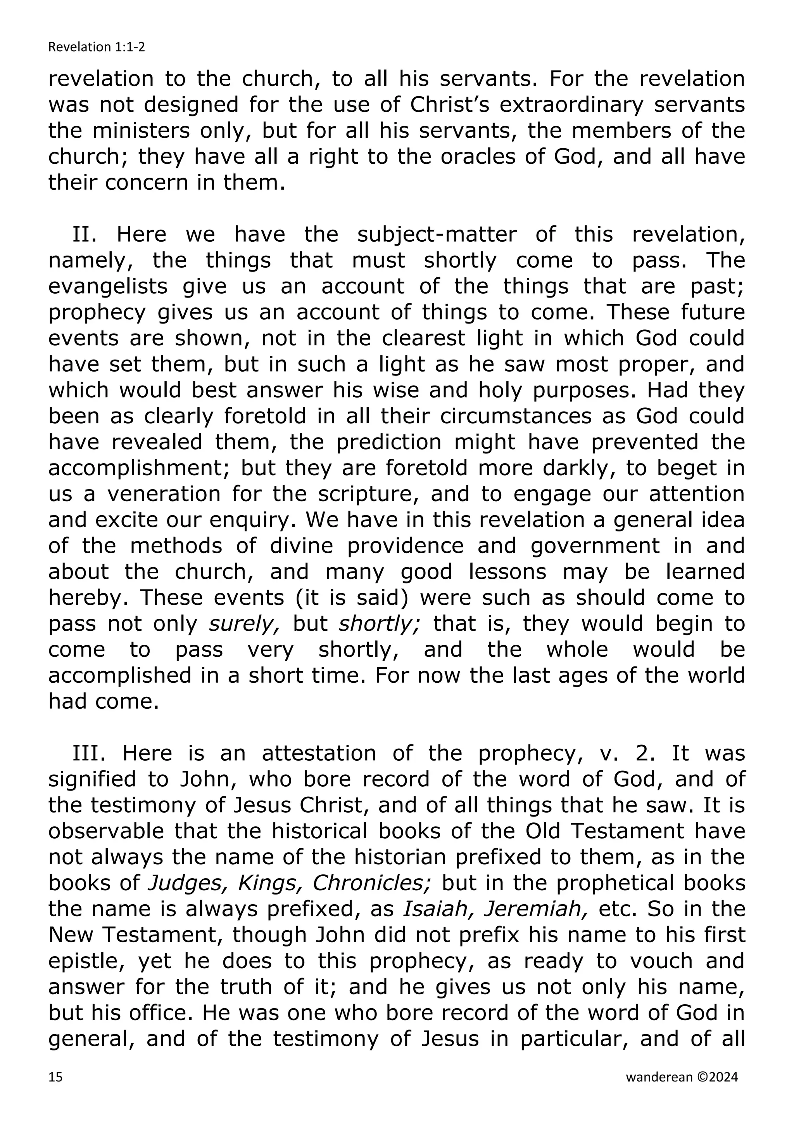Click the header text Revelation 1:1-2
pyautogui.click(x=97, y=47)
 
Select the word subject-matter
pyautogui.click(x=437, y=235)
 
